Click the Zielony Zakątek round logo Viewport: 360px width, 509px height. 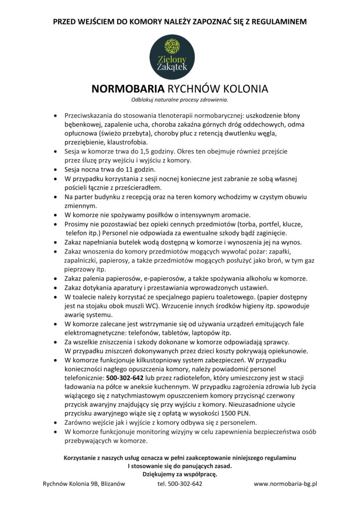(x=172, y=55)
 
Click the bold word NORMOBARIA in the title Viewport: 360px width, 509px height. (x=128, y=88)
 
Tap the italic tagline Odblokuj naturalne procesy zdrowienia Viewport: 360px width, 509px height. (x=180, y=99)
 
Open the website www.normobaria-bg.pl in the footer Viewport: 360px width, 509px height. (x=286, y=484)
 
